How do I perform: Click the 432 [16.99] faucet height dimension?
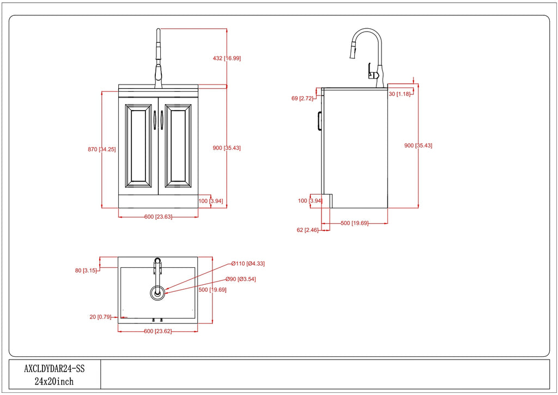(x=227, y=58)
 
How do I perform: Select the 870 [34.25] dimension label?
(x=102, y=149)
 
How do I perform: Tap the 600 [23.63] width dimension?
(x=158, y=217)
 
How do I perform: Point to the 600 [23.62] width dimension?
(x=157, y=331)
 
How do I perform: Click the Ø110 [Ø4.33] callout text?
(x=248, y=264)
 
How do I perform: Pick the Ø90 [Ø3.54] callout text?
(x=240, y=279)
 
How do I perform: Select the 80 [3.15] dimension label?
(x=86, y=271)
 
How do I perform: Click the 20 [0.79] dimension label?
(x=100, y=316)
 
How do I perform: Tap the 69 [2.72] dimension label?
(x=302, y=98)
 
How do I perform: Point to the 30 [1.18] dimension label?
(x=399, y=94)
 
